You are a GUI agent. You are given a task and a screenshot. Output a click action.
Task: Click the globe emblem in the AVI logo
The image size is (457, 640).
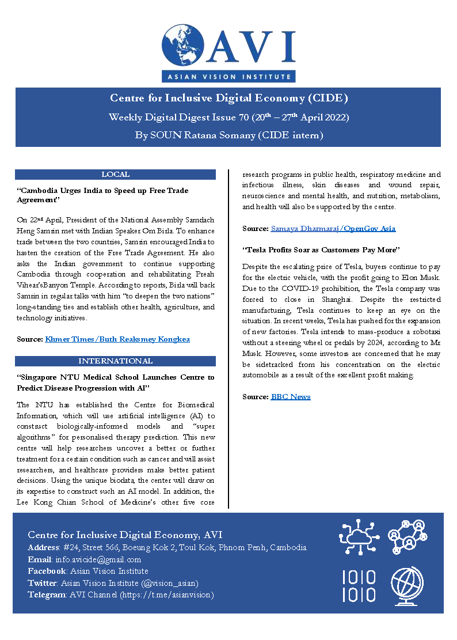[183, 44]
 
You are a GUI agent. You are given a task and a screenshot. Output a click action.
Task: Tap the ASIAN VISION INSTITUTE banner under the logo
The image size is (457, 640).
[228, 76]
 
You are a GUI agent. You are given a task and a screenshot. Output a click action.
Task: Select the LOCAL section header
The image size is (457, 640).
[115, 175]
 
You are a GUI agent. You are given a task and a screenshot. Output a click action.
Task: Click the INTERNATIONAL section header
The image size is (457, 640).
[115, 361]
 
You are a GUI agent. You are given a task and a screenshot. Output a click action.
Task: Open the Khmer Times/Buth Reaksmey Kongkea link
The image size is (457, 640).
[117, 339]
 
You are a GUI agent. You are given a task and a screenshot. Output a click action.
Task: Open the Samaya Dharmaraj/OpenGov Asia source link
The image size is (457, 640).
[333, 229]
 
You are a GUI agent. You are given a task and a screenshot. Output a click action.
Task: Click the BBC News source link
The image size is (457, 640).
[291, 397]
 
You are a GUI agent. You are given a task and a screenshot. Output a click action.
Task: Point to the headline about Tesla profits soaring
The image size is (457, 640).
[321, 250]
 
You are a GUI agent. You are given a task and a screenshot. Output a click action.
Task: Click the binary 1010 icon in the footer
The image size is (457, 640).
[359, 586]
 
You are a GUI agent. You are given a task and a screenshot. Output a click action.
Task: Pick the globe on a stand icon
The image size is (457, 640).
[408, 586]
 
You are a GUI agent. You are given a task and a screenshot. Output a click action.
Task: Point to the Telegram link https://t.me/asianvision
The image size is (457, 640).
[166, 594]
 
